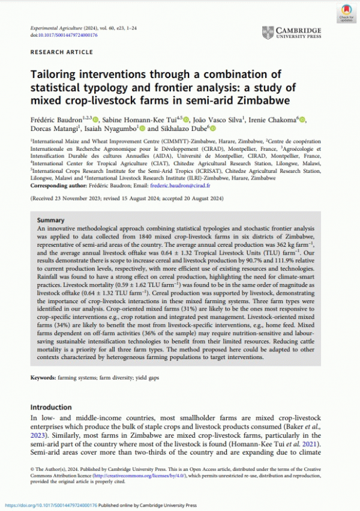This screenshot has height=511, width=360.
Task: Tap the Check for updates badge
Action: pyautogui.click(x=346, y=13)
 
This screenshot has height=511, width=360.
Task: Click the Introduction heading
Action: pyautogui.click(x=55, y=407)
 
